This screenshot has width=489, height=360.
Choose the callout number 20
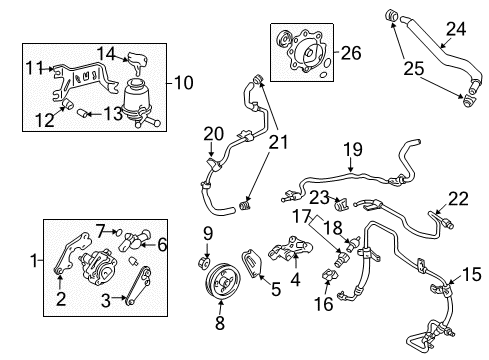pos(212,133)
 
